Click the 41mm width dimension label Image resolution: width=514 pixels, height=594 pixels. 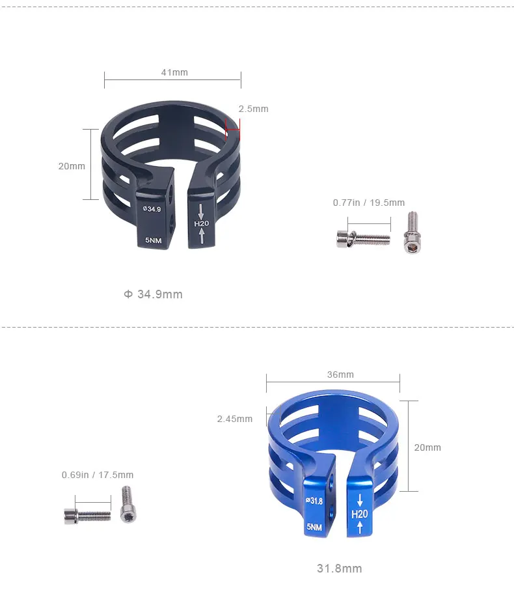click(x=174, y=72)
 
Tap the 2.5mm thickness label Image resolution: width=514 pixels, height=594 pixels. click(x=253, y=109)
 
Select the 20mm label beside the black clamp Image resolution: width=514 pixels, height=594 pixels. click(x=72, y=166)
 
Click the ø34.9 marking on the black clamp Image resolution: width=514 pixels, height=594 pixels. click(x=152, y=208)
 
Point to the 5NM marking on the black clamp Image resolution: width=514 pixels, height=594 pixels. click(x=154, y=240)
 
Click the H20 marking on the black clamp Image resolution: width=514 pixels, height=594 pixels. click(x=201, y=223)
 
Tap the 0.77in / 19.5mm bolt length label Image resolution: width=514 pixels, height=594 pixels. click(x=369, y=203)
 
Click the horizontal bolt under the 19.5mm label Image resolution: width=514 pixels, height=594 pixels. click(x=363, y=238)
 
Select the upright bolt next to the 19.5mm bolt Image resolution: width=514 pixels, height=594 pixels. click(x=413, y=233)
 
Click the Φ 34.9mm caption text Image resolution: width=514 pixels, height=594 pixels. click(x=154, y=294)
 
